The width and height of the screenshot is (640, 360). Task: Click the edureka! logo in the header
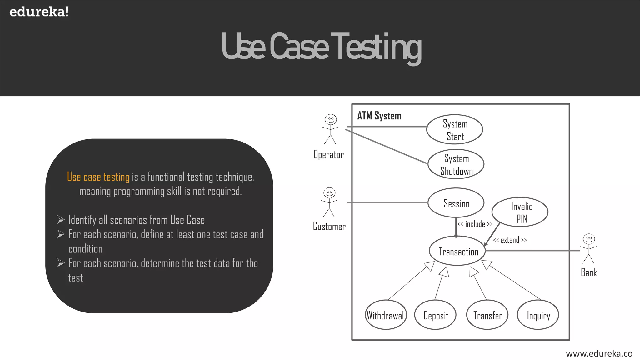coord(39,12)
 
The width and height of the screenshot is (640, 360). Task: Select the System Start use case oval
coord(455,129)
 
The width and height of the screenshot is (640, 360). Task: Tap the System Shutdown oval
coord(456,164)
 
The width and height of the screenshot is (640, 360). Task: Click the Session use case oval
coord(456,203)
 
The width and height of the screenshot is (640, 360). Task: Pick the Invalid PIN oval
coord(520,212)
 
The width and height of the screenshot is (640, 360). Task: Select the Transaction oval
coord(457,251)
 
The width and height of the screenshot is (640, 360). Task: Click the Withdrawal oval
coord(386,315)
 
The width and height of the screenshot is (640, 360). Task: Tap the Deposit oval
coord(435,315)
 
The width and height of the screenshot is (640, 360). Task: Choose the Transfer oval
coord(487,315)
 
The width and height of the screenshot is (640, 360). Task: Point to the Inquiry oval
coord(538,315)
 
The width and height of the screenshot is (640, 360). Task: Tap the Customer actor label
coord(329,226)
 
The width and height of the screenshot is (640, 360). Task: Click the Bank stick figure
coord(588,248)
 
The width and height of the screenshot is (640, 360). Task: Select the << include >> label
coord(475,224)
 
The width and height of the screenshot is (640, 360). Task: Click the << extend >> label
coord(510,240)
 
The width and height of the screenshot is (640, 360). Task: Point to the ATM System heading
coord(379,116)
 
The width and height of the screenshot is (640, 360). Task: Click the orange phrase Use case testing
coord(98,177)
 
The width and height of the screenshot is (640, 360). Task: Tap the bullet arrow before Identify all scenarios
coord(61,220)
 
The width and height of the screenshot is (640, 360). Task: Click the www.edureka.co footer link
coord(599,353)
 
